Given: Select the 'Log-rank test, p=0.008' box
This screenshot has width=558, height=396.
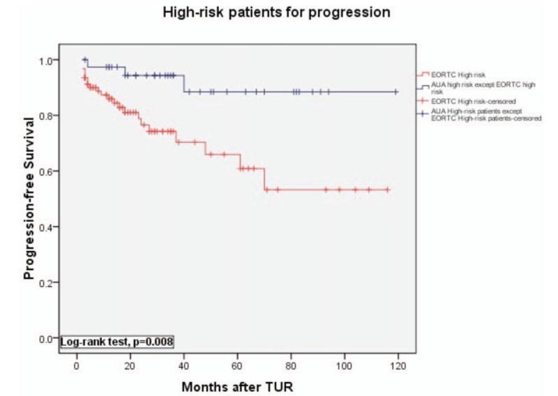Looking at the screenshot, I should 116,342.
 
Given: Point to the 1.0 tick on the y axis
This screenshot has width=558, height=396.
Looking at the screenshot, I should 46,60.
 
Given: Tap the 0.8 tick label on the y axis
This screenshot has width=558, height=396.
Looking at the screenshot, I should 46,116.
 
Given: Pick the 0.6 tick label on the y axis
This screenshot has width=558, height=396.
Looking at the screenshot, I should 46,172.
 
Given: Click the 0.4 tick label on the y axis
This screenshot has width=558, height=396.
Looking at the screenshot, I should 46,227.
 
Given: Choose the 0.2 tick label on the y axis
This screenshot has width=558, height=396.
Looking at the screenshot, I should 46,283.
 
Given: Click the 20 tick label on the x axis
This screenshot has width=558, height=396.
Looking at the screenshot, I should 130,366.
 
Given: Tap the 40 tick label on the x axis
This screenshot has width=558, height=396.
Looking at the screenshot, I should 183,366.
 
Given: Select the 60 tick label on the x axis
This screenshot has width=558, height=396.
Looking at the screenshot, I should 237,366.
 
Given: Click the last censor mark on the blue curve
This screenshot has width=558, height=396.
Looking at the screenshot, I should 396,91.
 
